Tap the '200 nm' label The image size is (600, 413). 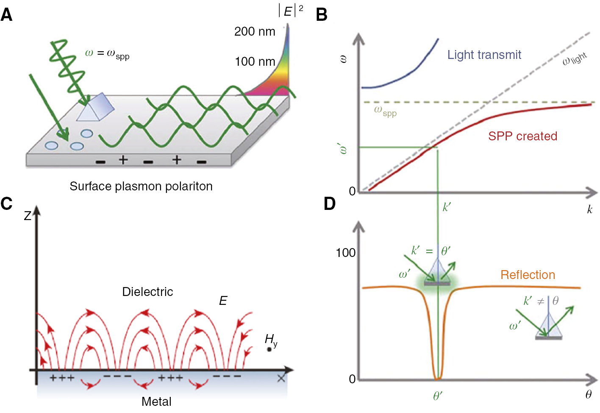tap(255, 31)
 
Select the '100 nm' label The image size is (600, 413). tap(255, 61)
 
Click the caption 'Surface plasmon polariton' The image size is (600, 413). tap(141, 186)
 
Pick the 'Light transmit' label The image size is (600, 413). tap(484, 55)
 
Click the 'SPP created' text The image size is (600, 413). tap(522, 136)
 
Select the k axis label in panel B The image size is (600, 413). tap(589, 209)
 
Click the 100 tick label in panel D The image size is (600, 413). tap(345, 253)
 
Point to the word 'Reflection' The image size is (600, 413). tap(528, 275)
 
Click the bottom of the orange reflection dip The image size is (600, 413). tap(438, 378)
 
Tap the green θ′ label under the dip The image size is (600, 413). tap(438, 396)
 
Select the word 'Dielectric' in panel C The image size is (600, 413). tap(147, 292)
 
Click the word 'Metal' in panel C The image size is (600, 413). tap(156, 401)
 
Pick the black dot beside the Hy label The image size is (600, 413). tap(269, 349)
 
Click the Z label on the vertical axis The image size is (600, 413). tap(28, 216)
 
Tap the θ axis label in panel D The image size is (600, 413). tap(589, 394)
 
